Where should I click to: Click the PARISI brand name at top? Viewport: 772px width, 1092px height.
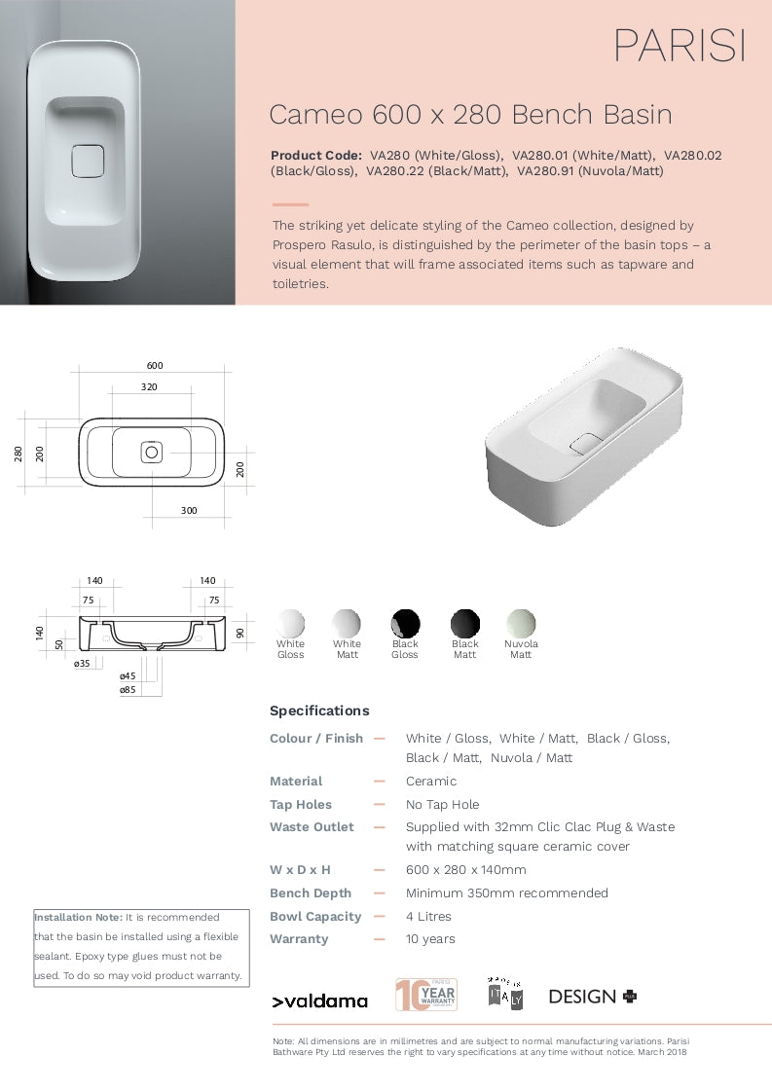click(x=679, y=46)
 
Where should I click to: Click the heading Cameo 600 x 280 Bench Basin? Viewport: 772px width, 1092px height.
click(x=470, y=115)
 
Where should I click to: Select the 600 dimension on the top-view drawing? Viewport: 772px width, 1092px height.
click(x=155, y=366)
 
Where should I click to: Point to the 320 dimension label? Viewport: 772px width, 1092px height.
click(x=149, y=386)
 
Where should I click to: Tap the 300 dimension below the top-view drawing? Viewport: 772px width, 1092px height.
click(x=189, y=510)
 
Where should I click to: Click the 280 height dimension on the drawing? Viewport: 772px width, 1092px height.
click(x=18, y=453)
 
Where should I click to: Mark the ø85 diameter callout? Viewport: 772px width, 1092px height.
click(x=128, y=689)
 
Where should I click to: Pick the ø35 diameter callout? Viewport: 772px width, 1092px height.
click(x=82, y=663)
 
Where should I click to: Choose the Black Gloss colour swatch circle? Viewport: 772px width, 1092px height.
click(x=405, y=623)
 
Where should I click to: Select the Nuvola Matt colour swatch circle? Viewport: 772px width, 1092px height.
click(x=521, y=623)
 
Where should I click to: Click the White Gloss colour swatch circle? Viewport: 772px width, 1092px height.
click(x=290, y=623)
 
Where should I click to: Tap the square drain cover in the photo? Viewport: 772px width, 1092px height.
click(x=87, y=161)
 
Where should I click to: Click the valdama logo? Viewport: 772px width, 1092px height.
click(x=319, y=1001)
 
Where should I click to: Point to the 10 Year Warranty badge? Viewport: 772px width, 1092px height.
click(x=425, y=994)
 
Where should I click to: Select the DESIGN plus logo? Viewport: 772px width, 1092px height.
click(x=593, y=996)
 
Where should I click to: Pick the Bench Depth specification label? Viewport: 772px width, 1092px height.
click(x=311, y=892)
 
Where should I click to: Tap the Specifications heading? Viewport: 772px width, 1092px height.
click(x=319, y=710)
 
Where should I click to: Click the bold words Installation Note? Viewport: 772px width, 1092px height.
click(x=78, y=917)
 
